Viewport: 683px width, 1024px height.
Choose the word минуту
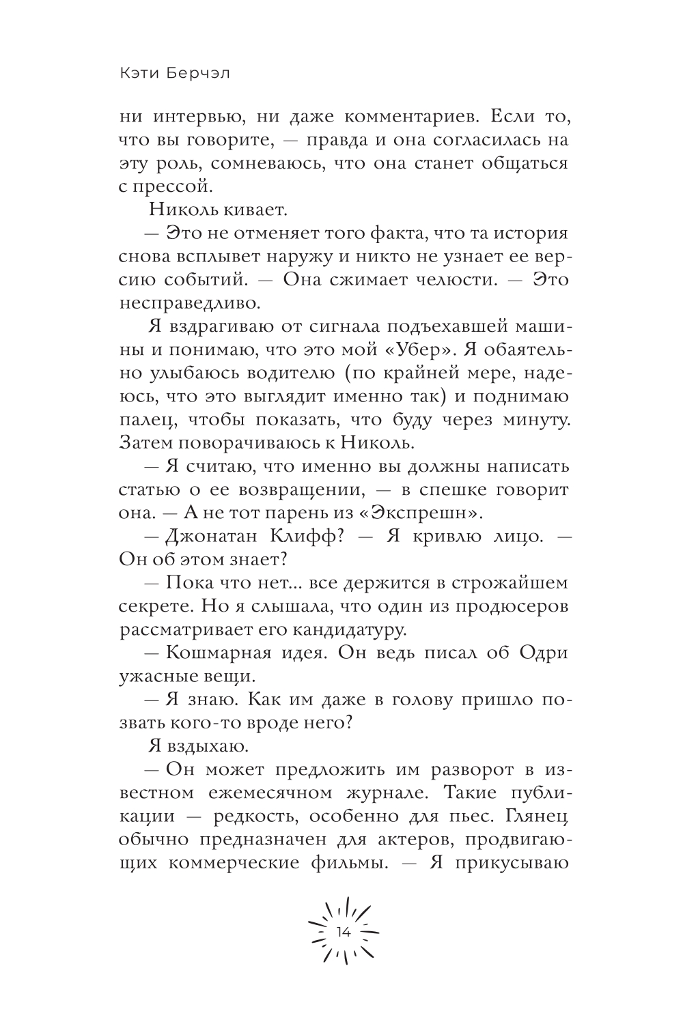[x=532, y=419]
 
